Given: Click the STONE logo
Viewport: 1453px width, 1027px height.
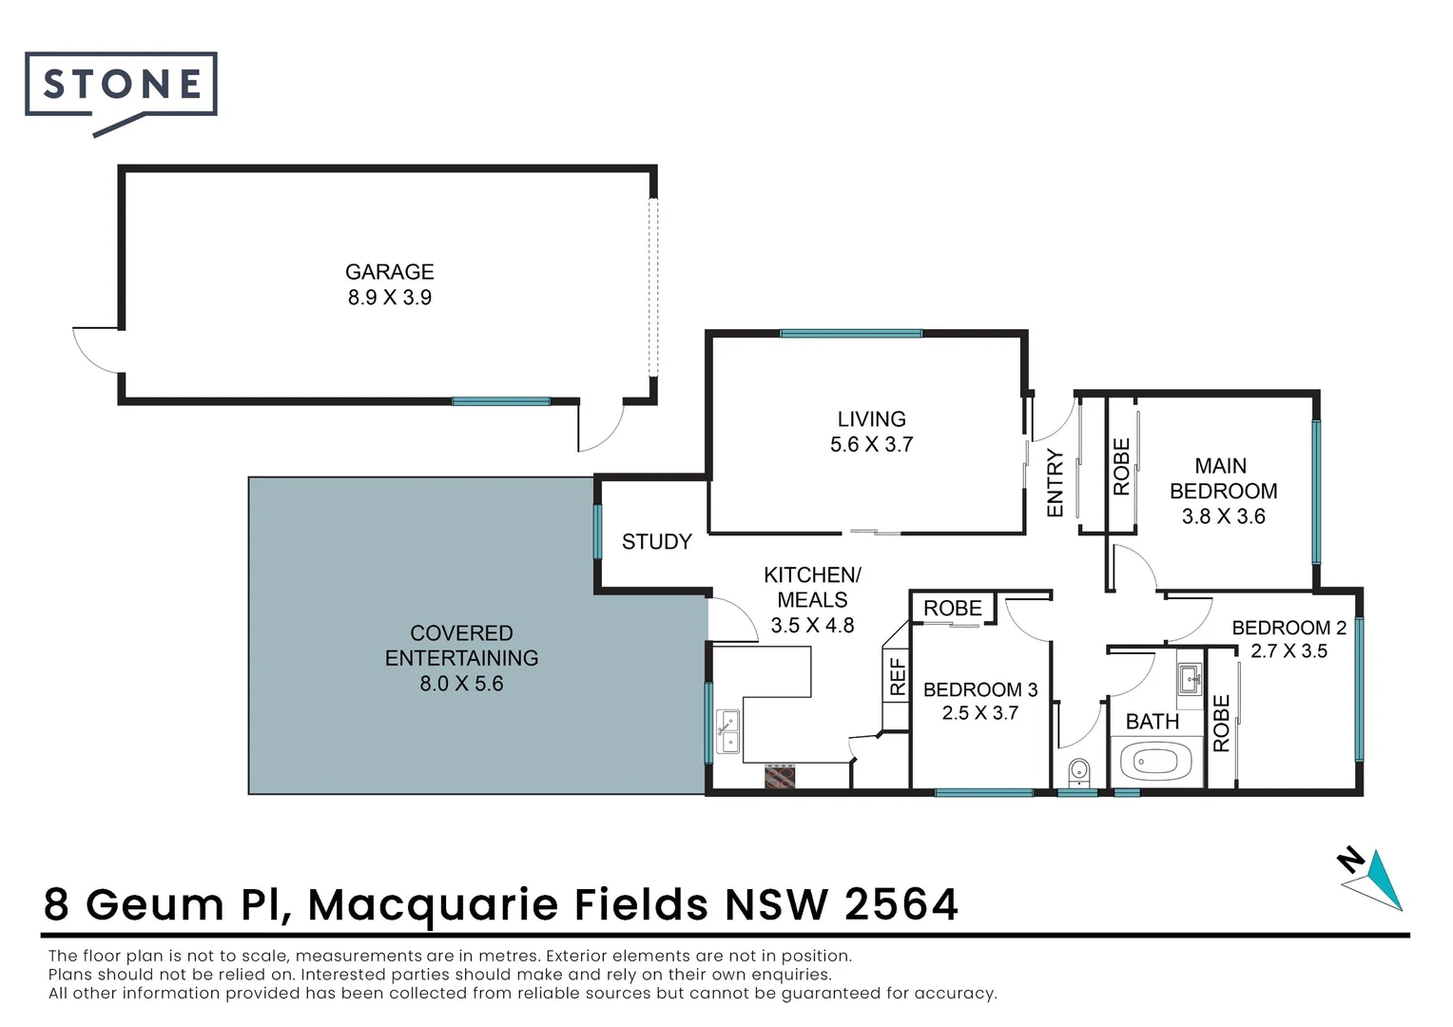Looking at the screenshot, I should tap(122, 86).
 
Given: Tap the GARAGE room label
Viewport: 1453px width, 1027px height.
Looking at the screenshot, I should tap(389, 272).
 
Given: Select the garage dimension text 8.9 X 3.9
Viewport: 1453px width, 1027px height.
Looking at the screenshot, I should tap(389, 298).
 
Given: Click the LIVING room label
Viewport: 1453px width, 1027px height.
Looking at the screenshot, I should tap(871, 419).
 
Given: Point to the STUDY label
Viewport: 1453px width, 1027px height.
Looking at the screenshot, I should tap(656, 542).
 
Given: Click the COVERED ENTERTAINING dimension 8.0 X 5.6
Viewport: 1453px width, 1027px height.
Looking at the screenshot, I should tap(461, 684).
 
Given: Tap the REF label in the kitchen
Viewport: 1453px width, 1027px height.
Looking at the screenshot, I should tap(897, 677).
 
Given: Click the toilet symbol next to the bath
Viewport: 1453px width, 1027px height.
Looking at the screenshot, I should tap(1078, 771).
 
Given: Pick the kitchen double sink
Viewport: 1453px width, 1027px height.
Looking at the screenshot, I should tap(728, 731).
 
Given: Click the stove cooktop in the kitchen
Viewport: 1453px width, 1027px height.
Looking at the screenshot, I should tap(780, 776).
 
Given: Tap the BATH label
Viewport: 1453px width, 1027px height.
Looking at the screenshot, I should tap(1152, 722).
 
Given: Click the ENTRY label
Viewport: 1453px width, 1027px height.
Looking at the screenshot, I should tap(1055, 483).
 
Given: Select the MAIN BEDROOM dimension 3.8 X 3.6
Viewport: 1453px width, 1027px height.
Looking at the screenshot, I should tap(1223, 516).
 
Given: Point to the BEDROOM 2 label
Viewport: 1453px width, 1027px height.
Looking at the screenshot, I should tap(1288, 628).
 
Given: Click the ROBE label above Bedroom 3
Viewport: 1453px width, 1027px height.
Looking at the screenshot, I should tap(952, 609).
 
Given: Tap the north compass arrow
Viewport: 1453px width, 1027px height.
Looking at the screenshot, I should tap(1375, 880).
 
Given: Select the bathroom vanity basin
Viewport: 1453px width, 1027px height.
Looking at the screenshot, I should tap(1190, 679).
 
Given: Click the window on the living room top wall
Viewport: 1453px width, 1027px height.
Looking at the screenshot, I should tap(851, 334).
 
